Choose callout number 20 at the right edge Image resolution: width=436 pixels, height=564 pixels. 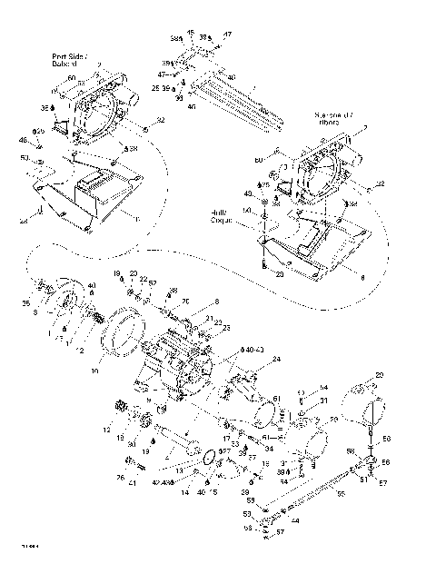pos(380,375)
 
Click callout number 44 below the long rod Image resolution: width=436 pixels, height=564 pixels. pos(296,520)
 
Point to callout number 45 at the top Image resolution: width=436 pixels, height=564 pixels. pos(191,32)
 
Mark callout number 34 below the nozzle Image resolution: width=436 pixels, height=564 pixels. pos(269,448)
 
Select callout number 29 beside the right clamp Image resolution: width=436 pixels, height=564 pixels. pos(333,420)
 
